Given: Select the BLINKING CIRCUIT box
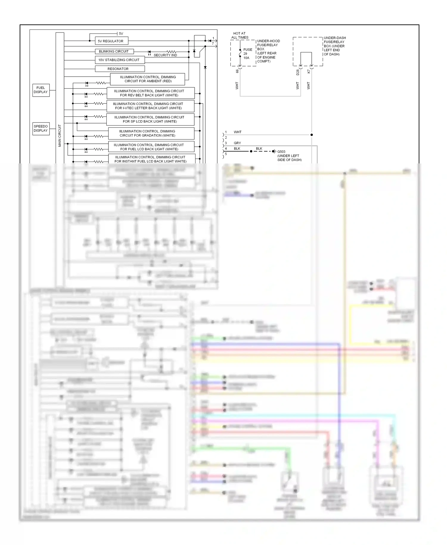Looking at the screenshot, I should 114,51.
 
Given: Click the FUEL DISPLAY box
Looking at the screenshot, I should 41,90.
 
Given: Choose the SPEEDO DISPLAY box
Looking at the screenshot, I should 41,128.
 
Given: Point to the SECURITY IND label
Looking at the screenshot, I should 165,55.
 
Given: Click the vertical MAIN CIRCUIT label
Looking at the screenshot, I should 60,136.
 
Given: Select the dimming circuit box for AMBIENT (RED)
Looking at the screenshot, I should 148,79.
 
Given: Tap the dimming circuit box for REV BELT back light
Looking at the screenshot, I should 150,93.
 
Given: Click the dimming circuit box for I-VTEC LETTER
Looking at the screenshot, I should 150,106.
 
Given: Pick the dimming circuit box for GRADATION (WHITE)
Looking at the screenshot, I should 151,133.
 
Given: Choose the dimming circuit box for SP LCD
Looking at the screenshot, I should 150,119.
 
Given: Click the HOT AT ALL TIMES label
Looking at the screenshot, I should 240,35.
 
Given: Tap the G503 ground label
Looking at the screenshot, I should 281,151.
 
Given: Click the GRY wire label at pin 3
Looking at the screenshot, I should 237,143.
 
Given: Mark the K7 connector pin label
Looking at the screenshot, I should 308,72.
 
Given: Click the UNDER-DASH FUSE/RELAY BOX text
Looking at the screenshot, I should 335,46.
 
